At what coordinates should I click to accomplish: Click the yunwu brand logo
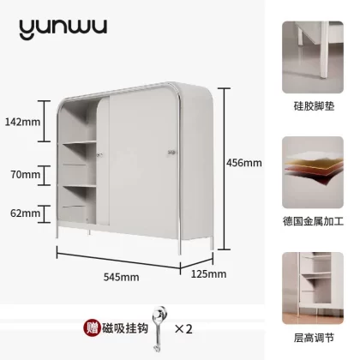[63, 28]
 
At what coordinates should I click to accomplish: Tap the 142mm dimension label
[23, 122]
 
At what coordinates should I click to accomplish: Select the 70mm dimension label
[26, 174]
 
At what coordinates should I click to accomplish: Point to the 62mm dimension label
[26, 213]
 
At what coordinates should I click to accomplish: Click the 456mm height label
[244, 163]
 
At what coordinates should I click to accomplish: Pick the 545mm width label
[121, 277]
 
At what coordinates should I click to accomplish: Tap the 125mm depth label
[208, 274]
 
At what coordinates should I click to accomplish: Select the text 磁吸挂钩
[125, 328]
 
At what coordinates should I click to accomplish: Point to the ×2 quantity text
[183, 329]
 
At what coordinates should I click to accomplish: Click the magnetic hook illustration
[159, 328]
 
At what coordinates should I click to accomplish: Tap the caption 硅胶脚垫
[314, 106]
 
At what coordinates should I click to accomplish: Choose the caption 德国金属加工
[313, 221]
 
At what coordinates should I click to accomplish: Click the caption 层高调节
[314, 338]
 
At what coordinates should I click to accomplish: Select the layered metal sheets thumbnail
[313, 172]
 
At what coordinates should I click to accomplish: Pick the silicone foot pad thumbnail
[313, 57]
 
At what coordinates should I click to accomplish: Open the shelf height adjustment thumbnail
[313, 288]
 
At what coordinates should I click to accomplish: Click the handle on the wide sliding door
[171, 153]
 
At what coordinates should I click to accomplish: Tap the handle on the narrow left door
[100, 155]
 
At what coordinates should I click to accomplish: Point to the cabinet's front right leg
[180, 246]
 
